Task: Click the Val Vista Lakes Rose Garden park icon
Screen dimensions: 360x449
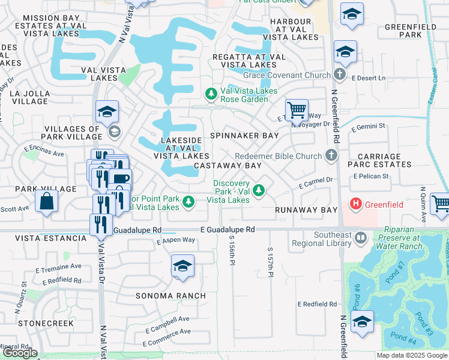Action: point(211,94)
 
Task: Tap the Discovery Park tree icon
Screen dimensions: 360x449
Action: point(259,190)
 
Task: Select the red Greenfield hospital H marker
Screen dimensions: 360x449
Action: point(357,204)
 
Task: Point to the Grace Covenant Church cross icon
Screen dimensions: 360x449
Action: point(340,75)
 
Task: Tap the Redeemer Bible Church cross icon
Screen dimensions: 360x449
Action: point(330,156)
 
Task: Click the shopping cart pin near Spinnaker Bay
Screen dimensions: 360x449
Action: point(296,110)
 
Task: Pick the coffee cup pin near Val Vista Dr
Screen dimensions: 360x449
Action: point(120,178)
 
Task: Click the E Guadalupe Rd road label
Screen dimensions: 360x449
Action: point(228,230)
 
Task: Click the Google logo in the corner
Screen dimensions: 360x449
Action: point(20,353)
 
